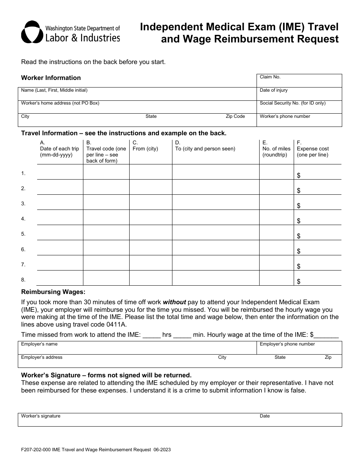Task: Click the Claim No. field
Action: [299, 81]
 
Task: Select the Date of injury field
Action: [299, 94]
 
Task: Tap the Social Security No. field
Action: [299, 107]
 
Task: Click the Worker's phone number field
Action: [299, 120]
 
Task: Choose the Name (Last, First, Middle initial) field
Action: [136, 94]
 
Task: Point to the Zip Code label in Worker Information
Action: [235, 116]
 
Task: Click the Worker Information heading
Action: [51, 78]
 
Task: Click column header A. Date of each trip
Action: [59, 149]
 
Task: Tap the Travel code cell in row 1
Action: [106, 172]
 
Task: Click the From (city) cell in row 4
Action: [150, 217]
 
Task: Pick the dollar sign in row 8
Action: [299, 281]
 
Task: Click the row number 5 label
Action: [23, 234]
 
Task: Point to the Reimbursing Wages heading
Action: [53, 292]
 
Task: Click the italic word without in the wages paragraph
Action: [174, 302]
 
